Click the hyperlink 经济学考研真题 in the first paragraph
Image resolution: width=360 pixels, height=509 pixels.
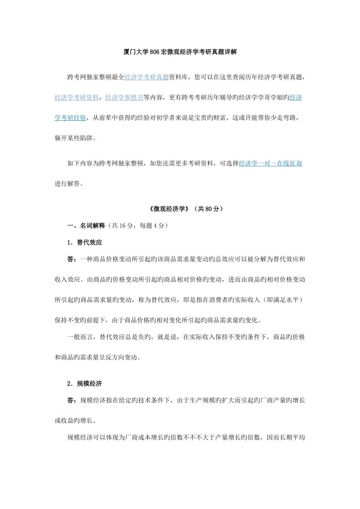click(x=147, y=77)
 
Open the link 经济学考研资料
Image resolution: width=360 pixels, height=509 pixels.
click(x=77, y=98)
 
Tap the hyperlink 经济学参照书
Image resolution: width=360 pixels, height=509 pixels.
click(x=124, y=98)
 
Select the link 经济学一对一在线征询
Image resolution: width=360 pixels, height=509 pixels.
click(x=270, y=164)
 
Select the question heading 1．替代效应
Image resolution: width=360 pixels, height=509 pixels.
click(x=85, y=242)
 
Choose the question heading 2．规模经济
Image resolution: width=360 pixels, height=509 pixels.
click(x=85, y=384)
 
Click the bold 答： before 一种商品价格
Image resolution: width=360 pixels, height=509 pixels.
click(x=72, y=259)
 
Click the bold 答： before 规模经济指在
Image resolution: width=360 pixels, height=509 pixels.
click(x=72, y=400)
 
